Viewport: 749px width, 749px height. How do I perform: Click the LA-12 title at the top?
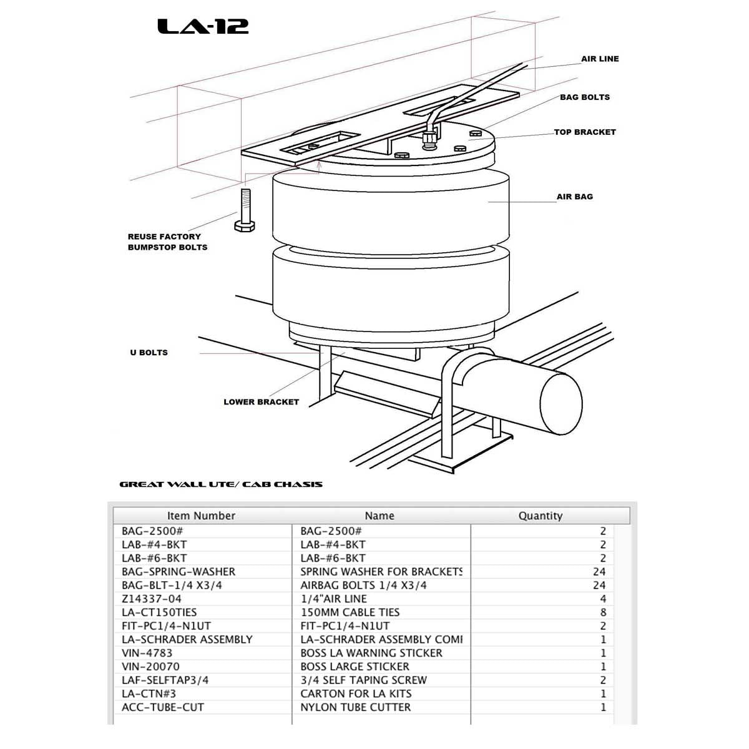203,26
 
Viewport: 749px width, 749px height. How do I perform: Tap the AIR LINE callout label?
600,59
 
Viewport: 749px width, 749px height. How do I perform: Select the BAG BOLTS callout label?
584,97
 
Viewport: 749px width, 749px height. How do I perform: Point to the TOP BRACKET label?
585,132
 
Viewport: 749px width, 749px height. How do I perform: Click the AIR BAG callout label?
574,197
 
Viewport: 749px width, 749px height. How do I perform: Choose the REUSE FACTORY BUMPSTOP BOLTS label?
167,242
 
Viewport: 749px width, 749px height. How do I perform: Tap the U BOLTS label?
149,353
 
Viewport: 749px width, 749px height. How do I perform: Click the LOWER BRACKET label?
261,402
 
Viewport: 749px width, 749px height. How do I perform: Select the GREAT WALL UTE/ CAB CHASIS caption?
221,484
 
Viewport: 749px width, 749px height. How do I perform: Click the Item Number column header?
201,516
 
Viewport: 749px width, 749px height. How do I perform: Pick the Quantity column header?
540,516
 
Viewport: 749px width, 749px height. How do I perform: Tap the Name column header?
379,516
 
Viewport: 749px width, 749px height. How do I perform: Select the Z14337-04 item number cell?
152,599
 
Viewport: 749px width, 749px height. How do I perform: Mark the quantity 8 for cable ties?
602,612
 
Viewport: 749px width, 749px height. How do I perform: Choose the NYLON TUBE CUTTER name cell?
355,707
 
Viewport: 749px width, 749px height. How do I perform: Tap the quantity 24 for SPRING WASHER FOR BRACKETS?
599,572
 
